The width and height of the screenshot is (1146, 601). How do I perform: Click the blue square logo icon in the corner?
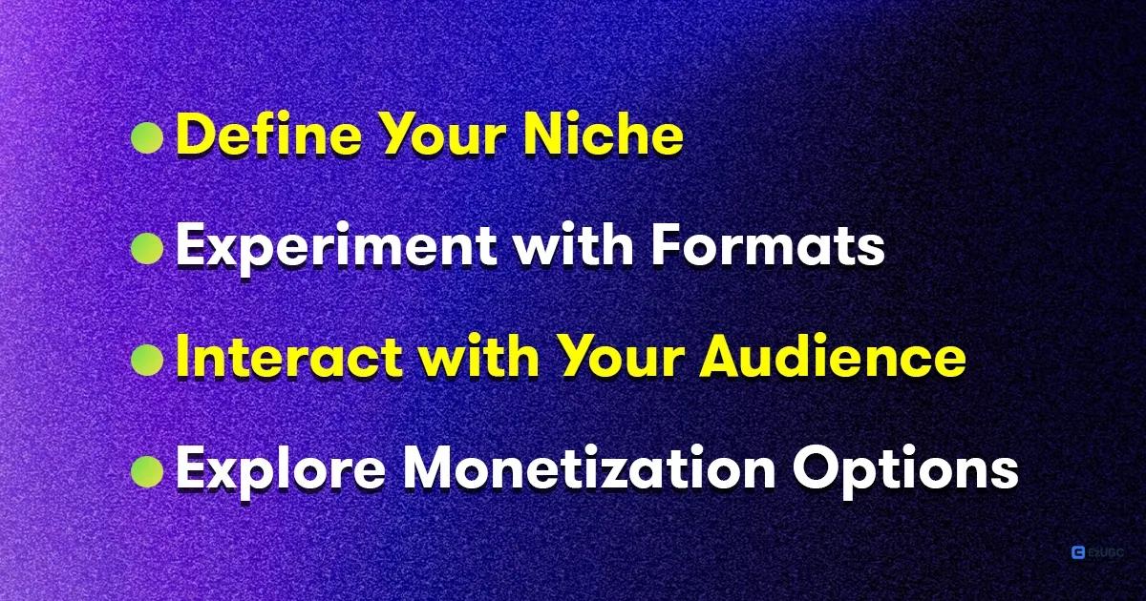pos(1078,551)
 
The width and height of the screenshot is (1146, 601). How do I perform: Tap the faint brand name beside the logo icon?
pos(1106,551)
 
